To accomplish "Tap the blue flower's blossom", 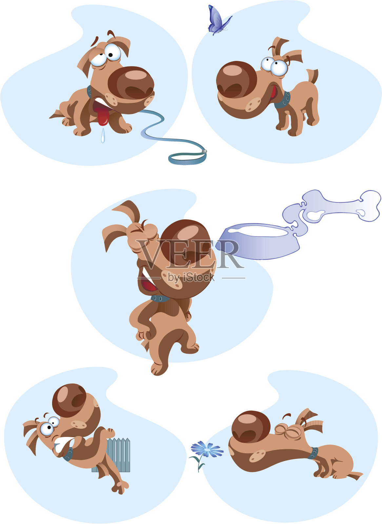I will click(207, 449).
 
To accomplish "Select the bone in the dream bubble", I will click(341, 204).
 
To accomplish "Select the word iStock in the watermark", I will click(198, 277).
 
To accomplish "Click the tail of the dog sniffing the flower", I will click(355, 475).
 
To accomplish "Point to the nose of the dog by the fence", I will click(69, 400).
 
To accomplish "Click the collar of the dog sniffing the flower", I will click(313, 453).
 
